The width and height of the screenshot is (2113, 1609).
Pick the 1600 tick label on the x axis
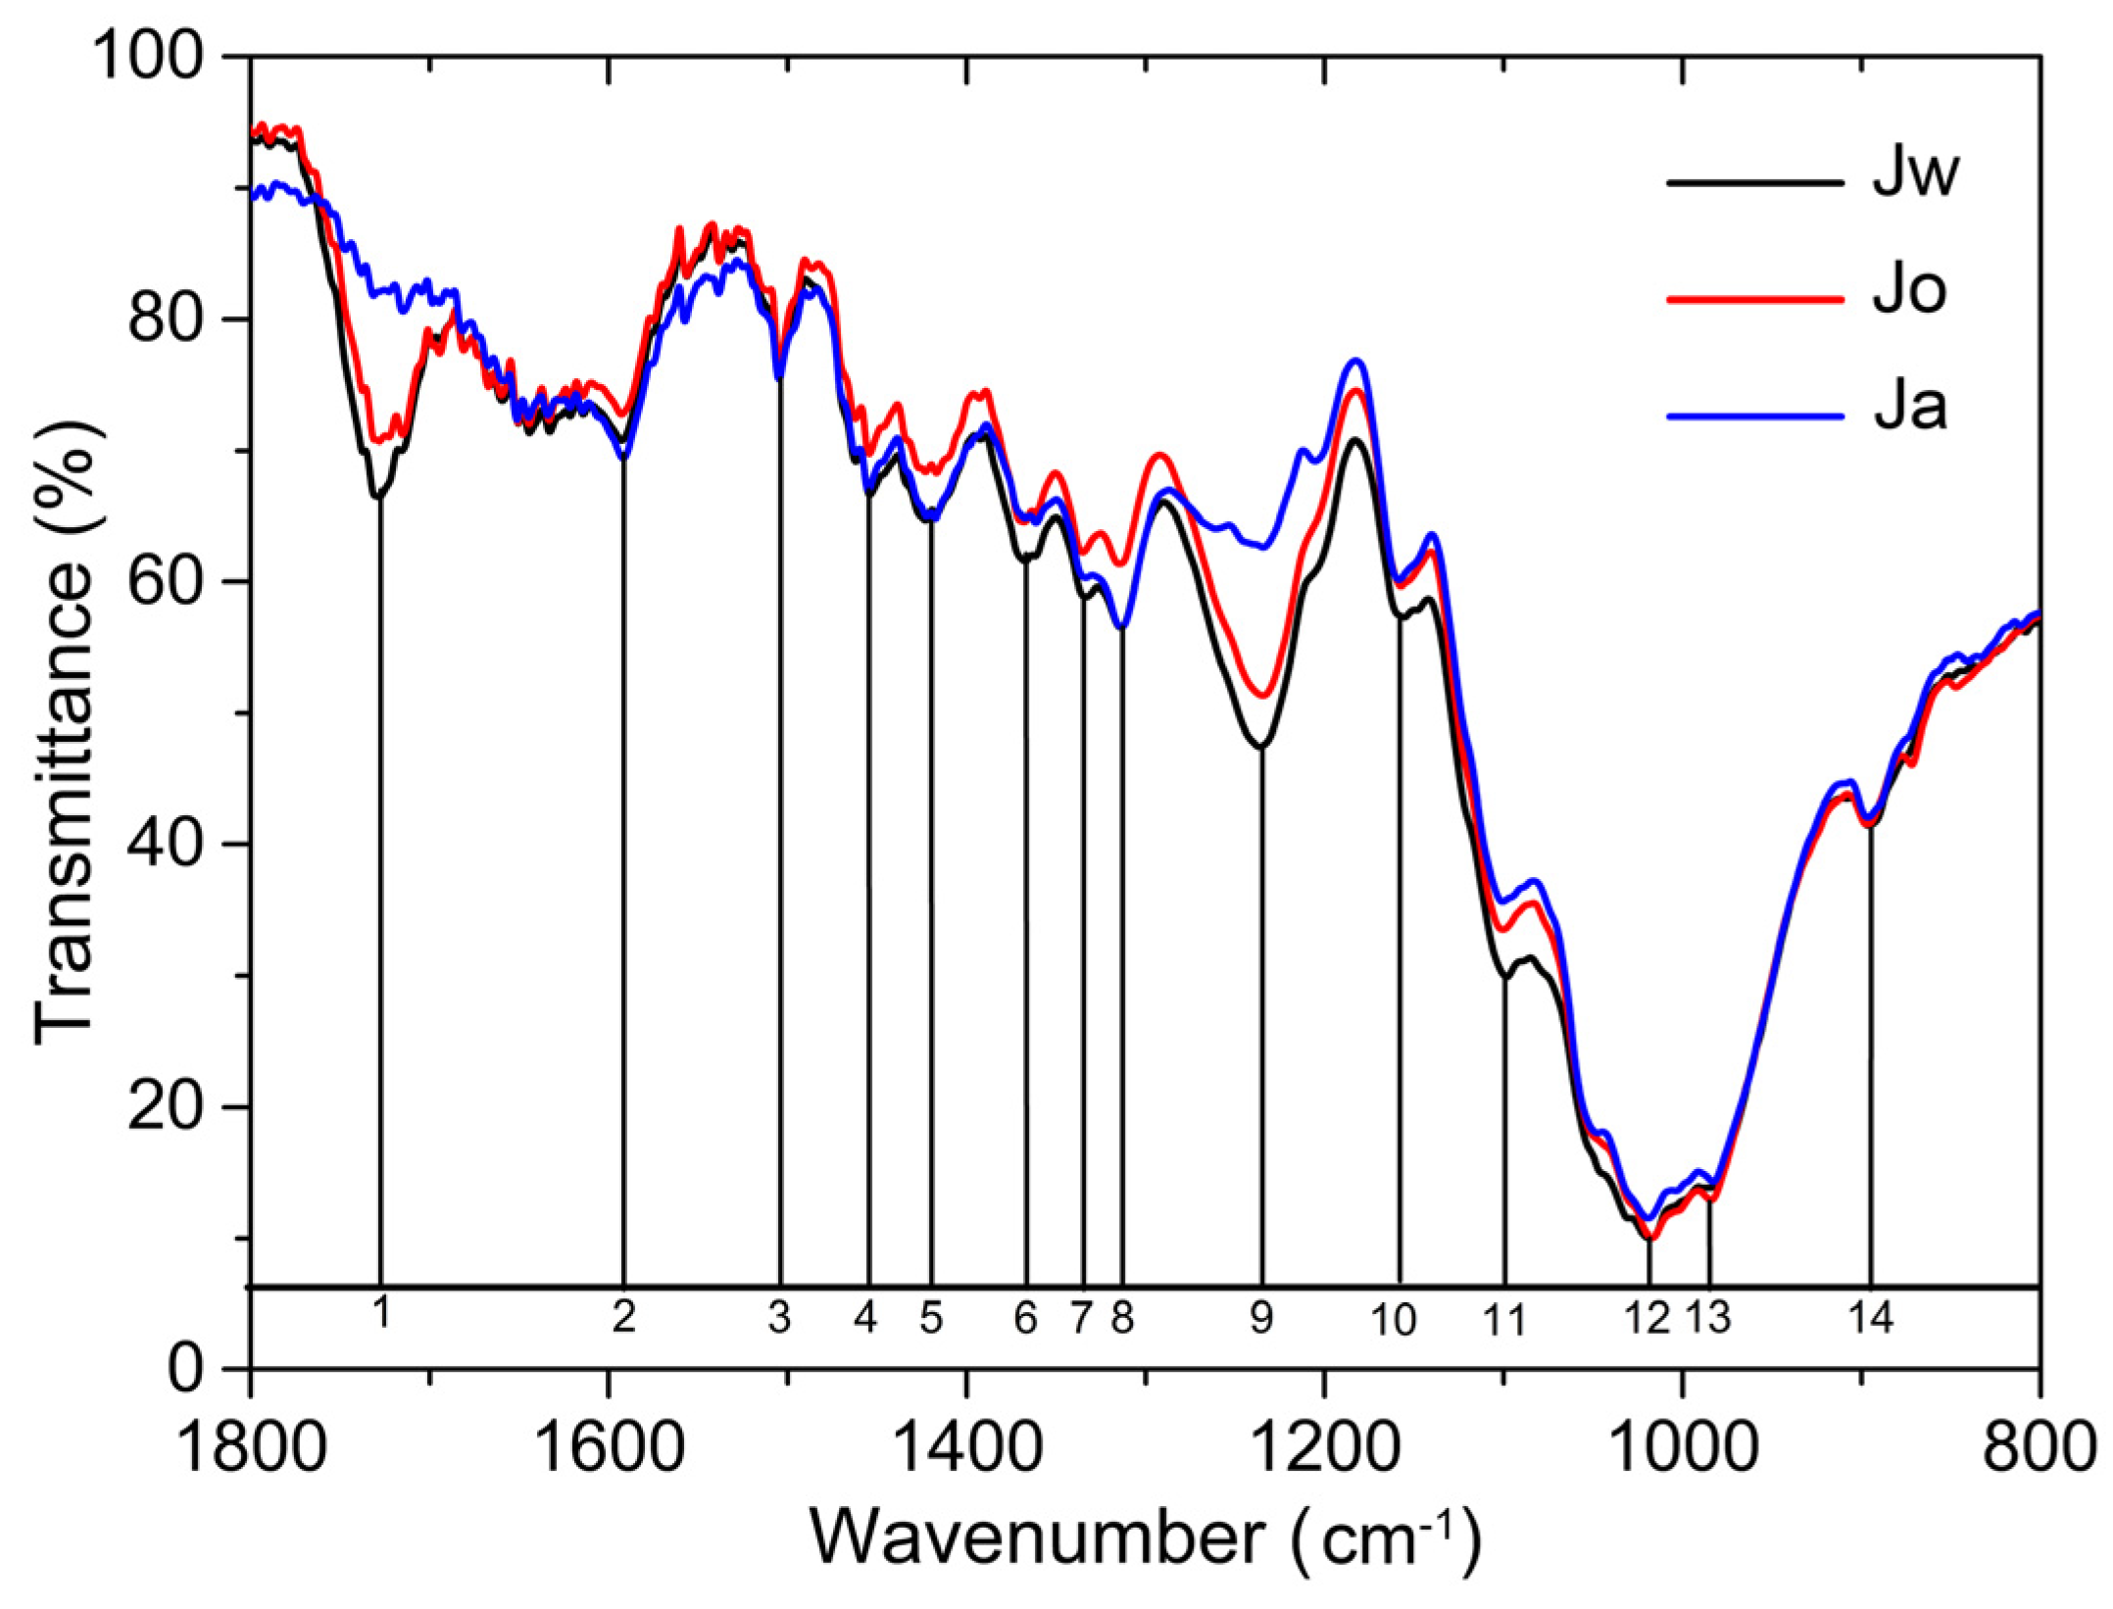click(610, 1449)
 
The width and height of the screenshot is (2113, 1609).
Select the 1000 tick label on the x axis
click(1683, 1449)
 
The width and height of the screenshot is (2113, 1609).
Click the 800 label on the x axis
click(2039, 1449)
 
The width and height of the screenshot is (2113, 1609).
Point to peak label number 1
click(382, 1312)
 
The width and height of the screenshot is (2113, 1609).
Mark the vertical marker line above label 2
click(623, 882)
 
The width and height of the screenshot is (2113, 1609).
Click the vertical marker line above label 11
click(1504, 1127)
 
